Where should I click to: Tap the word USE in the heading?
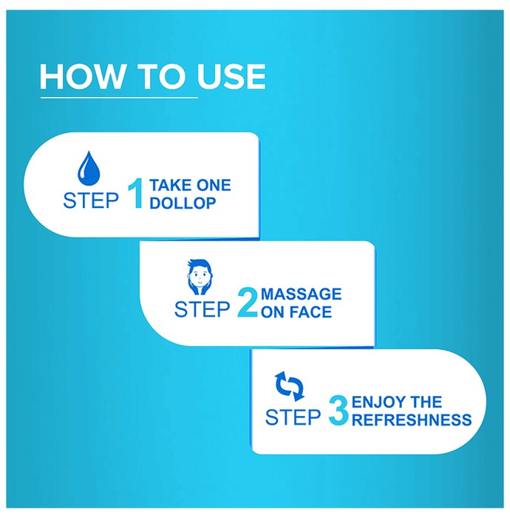(x=231, y=77)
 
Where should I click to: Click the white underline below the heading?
(x=119, y=98)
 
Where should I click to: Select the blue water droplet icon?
(x=89, y=168)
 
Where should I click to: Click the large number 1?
(x=136, y=193)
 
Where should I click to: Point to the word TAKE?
(x=171, y=185)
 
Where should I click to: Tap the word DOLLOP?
(x=183, y=203)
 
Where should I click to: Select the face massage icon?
(x=200, y=277)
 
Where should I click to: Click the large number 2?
(x=248, y=302)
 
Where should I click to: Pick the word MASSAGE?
(x=301, y=295)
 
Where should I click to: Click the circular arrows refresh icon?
(x=289, y=386)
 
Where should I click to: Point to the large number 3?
(x=339, y=411)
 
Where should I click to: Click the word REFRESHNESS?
(x=412, y=420)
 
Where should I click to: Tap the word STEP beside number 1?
(x=91, y=201)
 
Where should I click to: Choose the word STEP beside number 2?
(x=202, y=309)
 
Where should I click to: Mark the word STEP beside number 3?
(x=293, y=417)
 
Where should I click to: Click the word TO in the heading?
(x=160, y=77)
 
